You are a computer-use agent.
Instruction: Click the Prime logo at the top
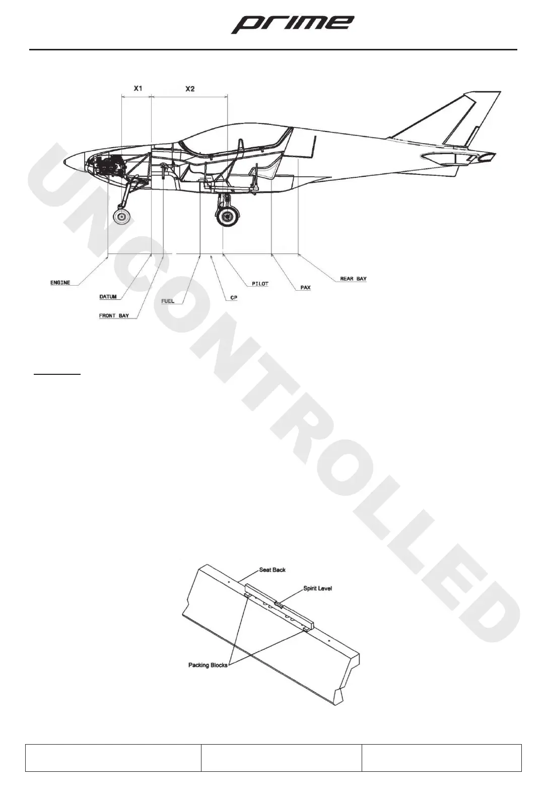[x=292, y=24]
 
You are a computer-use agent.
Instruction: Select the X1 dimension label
[x=138, y=88]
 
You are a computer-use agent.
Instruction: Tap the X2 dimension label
[x=190, y=89]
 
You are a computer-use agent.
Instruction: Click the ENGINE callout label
[x=60, y=283]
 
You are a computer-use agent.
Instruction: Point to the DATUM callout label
[x=108, y=297]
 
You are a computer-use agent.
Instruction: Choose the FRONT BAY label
[x=114, y=316]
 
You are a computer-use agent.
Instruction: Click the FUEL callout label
[x=168, y=301]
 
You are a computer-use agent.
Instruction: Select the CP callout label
[x=234, y=298]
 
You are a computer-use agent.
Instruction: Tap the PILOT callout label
[x=260, y=284]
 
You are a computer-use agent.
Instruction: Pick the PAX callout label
[x=305, y=288]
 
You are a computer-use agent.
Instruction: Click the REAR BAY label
[x=353, y=279]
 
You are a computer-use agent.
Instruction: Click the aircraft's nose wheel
[x=121, y=217]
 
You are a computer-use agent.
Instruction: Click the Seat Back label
[x=272, y=570]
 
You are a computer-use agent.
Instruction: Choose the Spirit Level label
[x=317, y=588]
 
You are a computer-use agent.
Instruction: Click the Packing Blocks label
[x=208, y=665]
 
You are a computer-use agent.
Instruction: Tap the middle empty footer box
[x=281, y=757]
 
